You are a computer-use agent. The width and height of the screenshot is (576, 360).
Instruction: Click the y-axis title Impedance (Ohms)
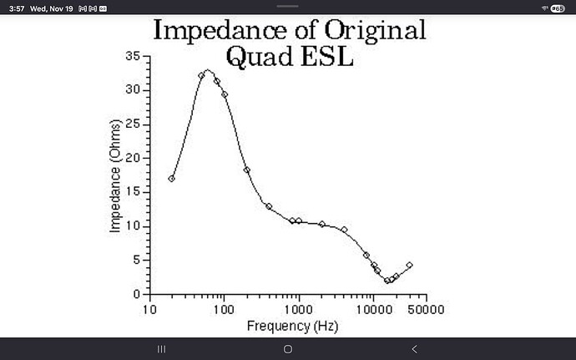tap(116, 176)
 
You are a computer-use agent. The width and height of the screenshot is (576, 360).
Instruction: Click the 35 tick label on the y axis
tap(133, 56)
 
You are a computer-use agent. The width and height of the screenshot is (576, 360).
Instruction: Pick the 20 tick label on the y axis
tap(133, 158)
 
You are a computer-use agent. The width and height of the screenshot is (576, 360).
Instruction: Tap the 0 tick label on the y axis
tap(136, 294)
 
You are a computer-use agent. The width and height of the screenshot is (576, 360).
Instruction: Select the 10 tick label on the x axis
tap(149, 309)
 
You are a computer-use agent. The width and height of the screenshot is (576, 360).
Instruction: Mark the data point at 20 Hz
tap(172, 179)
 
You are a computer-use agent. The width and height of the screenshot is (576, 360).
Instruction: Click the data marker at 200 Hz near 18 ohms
tap(246, 170)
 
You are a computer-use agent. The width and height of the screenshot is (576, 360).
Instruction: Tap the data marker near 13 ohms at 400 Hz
tap(269, 206)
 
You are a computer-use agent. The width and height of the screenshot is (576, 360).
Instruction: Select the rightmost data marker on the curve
tap(409, 266)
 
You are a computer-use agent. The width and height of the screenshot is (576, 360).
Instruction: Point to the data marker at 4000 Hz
tap(344, 229)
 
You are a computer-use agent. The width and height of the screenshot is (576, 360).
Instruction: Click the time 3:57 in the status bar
tap(14, 8)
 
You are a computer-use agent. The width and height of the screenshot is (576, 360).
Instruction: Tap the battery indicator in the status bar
tap(558, 8)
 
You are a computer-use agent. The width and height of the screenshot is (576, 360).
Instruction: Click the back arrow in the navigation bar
tap(415, 348)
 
